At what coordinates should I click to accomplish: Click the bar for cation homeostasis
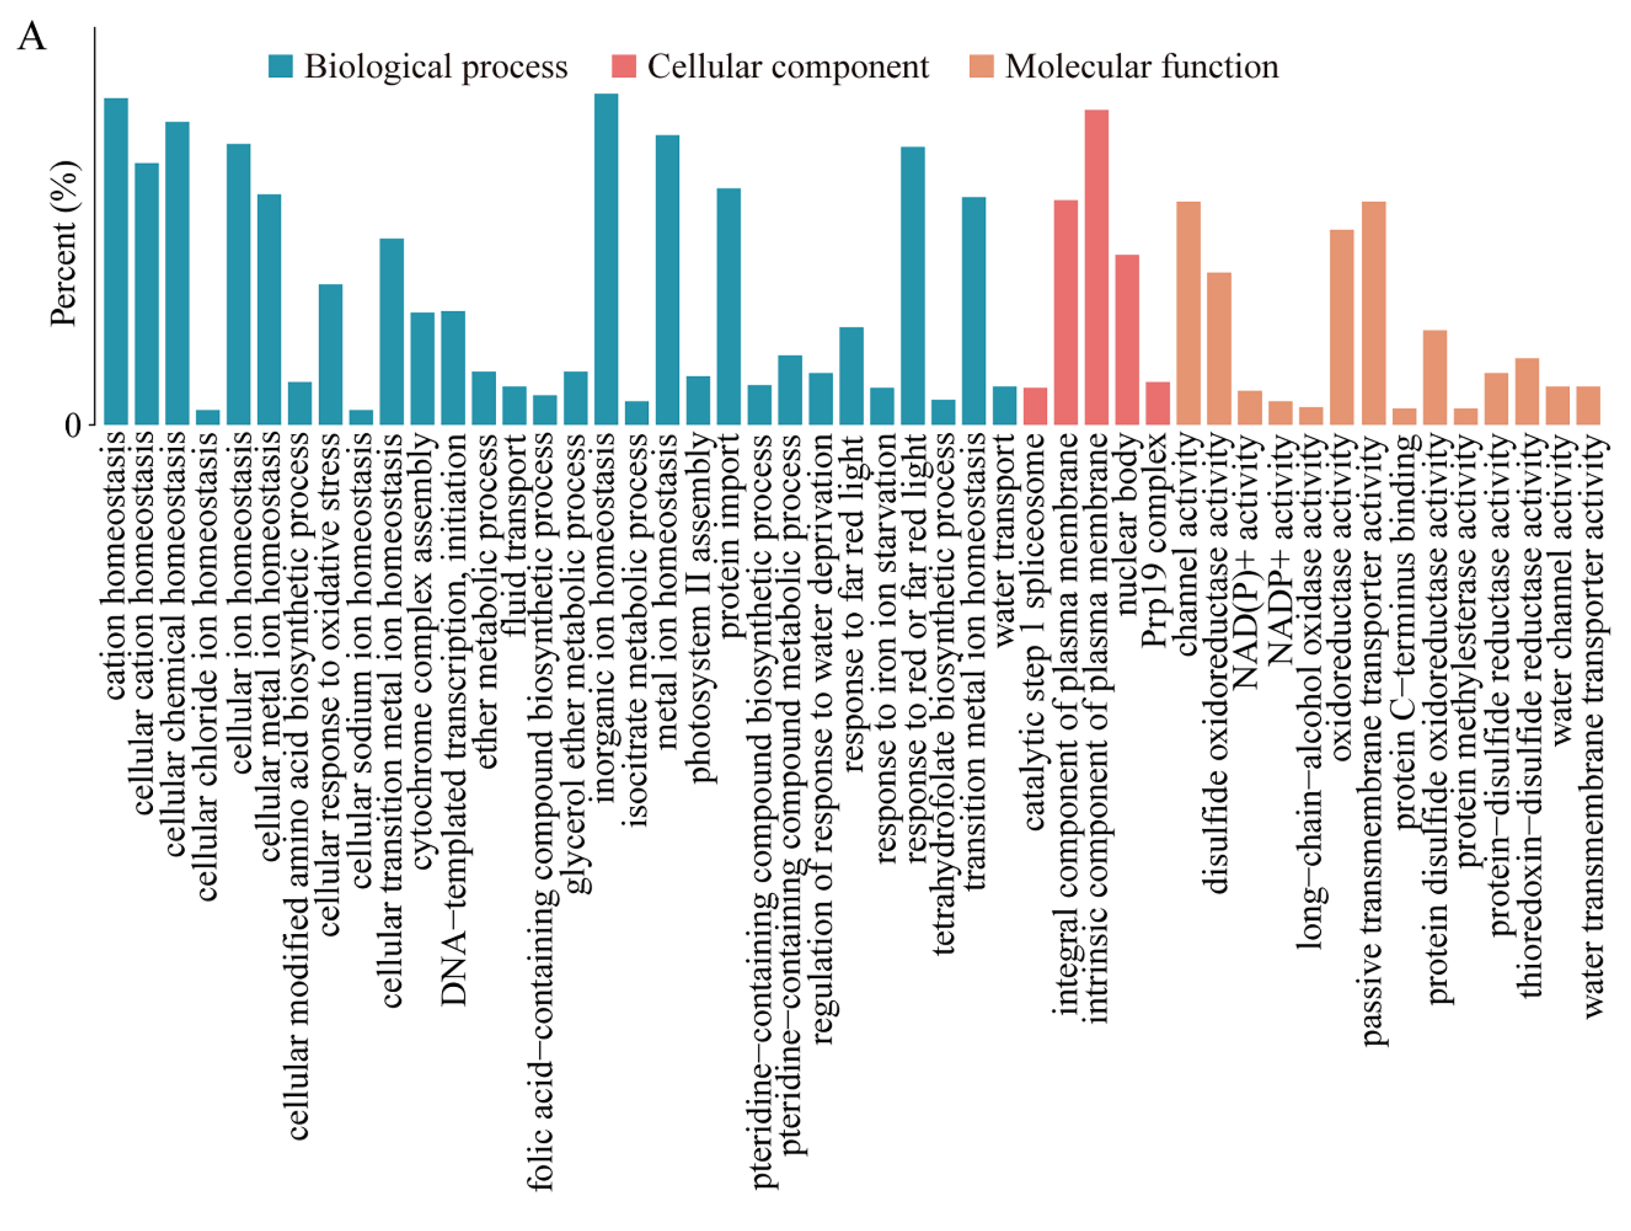tap(116, 261)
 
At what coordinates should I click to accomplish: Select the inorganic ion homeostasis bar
tap(606, 259)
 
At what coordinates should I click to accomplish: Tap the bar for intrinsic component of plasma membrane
tap(1096, 267)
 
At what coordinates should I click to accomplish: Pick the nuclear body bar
tap(1126, 339)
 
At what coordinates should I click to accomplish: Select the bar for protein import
tap(728, 306)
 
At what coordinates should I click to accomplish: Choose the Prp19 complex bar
tap(1158, 403)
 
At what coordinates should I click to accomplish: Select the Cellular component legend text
tap(788, 66)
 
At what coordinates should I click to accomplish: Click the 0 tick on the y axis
tap(72, 425)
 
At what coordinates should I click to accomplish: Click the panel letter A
tap(32, 37)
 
